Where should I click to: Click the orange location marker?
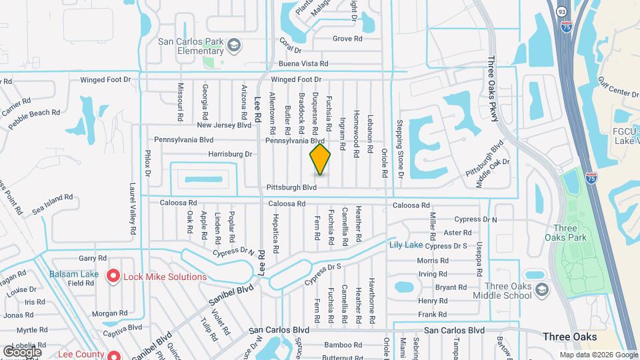point(320,159)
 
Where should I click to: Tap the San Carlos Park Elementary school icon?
point(233,45)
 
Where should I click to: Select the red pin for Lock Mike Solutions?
point(113,275)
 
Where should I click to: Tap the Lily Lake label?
point(406,245)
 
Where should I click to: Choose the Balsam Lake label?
point(74,274)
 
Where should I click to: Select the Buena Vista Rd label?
point(303,64)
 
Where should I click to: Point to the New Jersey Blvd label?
point(223,125)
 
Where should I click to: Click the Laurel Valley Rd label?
point(133,209)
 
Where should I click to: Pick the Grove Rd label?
point(347,39)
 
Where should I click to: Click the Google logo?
point(22,351)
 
